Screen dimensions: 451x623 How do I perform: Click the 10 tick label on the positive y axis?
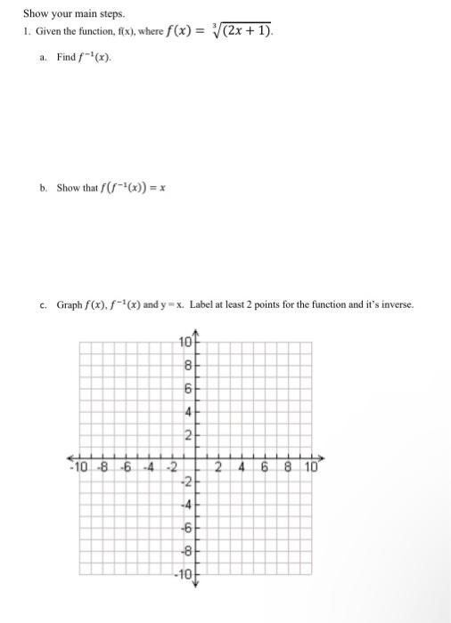click(184, 344)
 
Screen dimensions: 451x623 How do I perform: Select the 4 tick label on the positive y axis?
click(187, 412)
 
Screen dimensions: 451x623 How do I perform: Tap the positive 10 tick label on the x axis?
click(309, 465)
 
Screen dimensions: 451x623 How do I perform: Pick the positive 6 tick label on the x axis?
click(265, 465)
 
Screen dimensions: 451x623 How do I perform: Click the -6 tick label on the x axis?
click(127, 465)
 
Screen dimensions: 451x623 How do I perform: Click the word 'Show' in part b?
click(68, 188)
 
